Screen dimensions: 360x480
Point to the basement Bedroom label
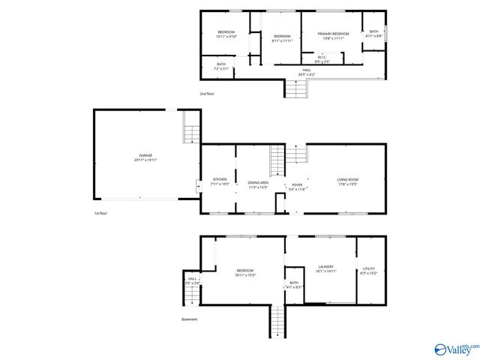coord(245,272)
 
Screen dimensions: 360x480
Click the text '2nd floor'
coord(208,94)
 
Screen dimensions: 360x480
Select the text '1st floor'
coord(102,214)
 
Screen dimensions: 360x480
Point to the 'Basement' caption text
coord(190,319)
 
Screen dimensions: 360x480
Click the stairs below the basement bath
coord(277,322)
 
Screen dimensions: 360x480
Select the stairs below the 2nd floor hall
coord(295,89)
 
